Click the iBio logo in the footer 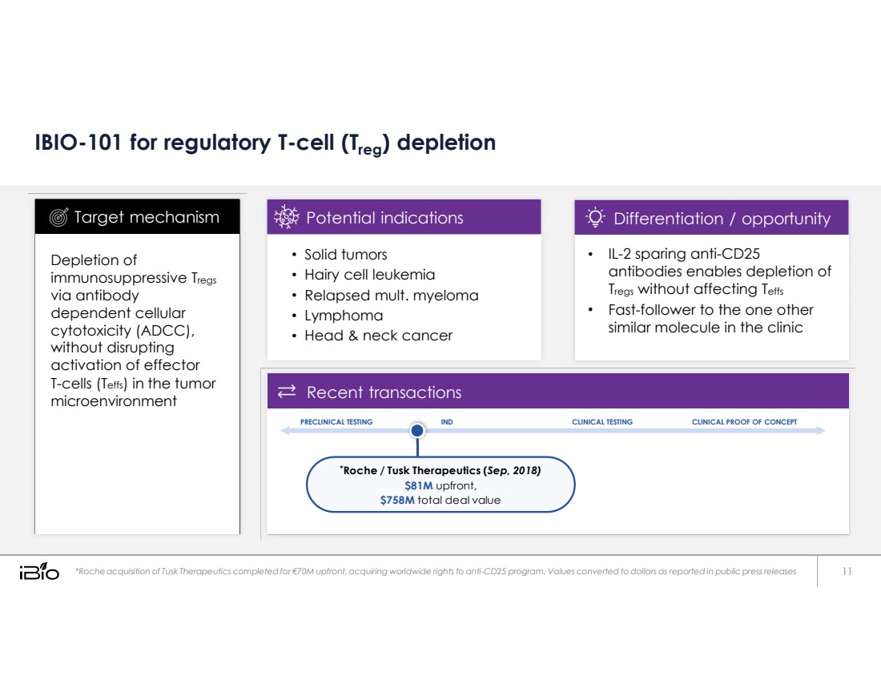tap(39, 571)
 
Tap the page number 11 tap(847, 571)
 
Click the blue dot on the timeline tap(417, 430)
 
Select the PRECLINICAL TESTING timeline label tap(336, 421)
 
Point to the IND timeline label tap(447, 421)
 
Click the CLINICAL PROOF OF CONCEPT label tap(744, 421)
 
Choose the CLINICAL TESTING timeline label tap(601, 421)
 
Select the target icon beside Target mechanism tap(58, 217)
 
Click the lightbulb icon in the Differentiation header tap(595, 217)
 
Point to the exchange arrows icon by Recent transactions tap(287, 391)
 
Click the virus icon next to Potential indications tap(287, 217)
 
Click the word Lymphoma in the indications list tap(344, 316)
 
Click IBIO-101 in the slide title tap(78, 143)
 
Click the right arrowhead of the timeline tap(820, 430)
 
